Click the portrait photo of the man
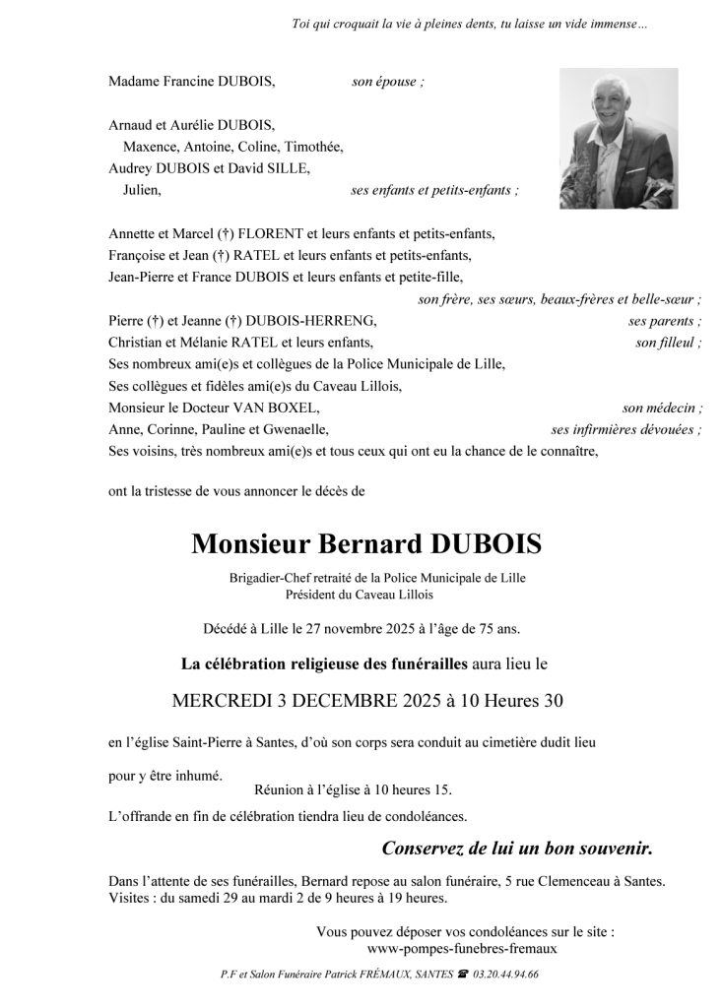coord(619,139)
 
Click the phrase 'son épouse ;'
coord(388,82)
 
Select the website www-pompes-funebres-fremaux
coord(462,948)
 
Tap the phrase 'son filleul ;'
coord(669,343)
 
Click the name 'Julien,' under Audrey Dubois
coord(144,190)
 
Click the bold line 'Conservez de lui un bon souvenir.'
coord(517,848)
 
